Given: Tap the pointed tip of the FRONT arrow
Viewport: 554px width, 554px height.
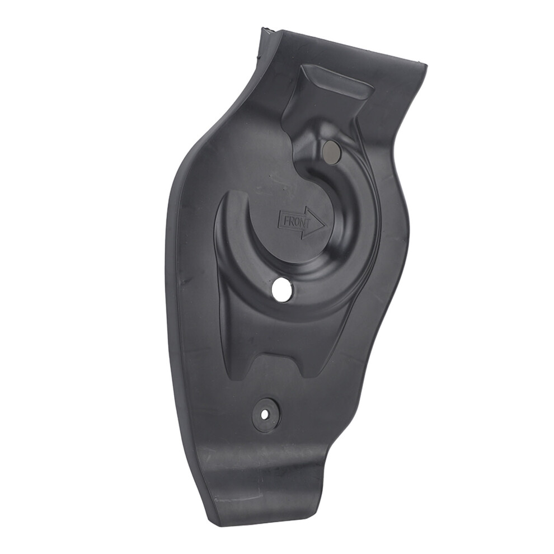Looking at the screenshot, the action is click(x=325, y=224).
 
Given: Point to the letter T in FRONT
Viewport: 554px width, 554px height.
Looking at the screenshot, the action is click(x=307, y=224).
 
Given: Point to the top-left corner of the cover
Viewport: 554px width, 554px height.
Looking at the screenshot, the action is click(x=262, y=28).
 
